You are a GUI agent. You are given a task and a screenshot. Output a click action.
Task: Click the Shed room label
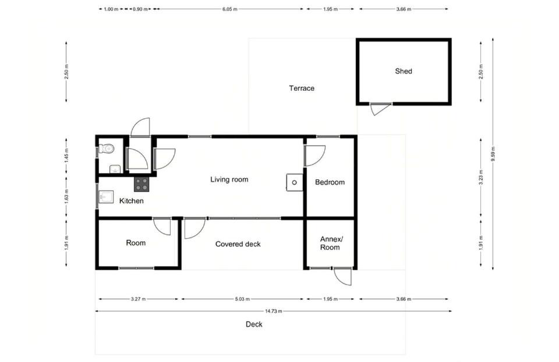click(403, 71)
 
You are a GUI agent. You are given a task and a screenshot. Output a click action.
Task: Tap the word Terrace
click(302, 88)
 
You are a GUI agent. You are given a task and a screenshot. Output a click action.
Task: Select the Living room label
click(229, 180)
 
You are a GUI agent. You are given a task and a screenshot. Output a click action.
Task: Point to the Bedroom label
click(330, 182)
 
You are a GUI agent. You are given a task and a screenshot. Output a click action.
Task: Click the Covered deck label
click(238, 244)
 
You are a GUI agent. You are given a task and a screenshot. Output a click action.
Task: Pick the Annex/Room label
click(331, 243)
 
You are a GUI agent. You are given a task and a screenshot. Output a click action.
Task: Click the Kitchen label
click(131, 201)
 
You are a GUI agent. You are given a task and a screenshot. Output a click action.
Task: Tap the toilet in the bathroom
click(106, 148)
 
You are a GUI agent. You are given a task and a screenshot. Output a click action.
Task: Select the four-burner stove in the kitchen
click(141, 184)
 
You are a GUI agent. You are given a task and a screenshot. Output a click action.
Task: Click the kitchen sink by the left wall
click(106, 197)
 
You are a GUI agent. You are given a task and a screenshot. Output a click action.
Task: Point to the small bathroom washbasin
click(115, 169)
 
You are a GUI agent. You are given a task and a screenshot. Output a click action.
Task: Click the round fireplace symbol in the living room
click(295, 182)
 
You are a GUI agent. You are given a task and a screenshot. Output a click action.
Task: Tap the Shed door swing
click(380, 109)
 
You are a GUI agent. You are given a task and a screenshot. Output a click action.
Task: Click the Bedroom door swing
click(315, 156)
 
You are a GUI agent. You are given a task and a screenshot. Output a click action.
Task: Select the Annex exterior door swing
click(342, 276)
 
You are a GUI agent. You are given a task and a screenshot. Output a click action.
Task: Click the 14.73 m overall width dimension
click(273, 311)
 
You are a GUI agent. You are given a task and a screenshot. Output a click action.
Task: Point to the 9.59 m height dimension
click(493, 154)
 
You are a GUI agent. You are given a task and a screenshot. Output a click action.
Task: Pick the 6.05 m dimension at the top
click(229, 9)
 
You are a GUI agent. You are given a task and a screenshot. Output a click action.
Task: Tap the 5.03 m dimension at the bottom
click(242, 299)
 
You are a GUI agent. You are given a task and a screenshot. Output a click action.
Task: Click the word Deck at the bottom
click(254, 324)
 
